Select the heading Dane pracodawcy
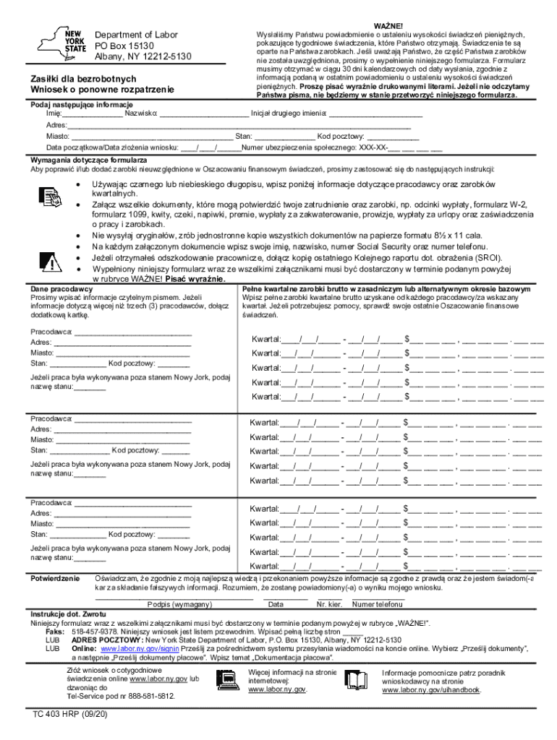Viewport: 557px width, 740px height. pos(61,288)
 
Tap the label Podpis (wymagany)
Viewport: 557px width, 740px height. pos(175,604)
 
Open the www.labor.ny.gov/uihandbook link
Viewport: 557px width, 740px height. pos(431,690)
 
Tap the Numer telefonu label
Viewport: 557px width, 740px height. pos(378,604)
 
